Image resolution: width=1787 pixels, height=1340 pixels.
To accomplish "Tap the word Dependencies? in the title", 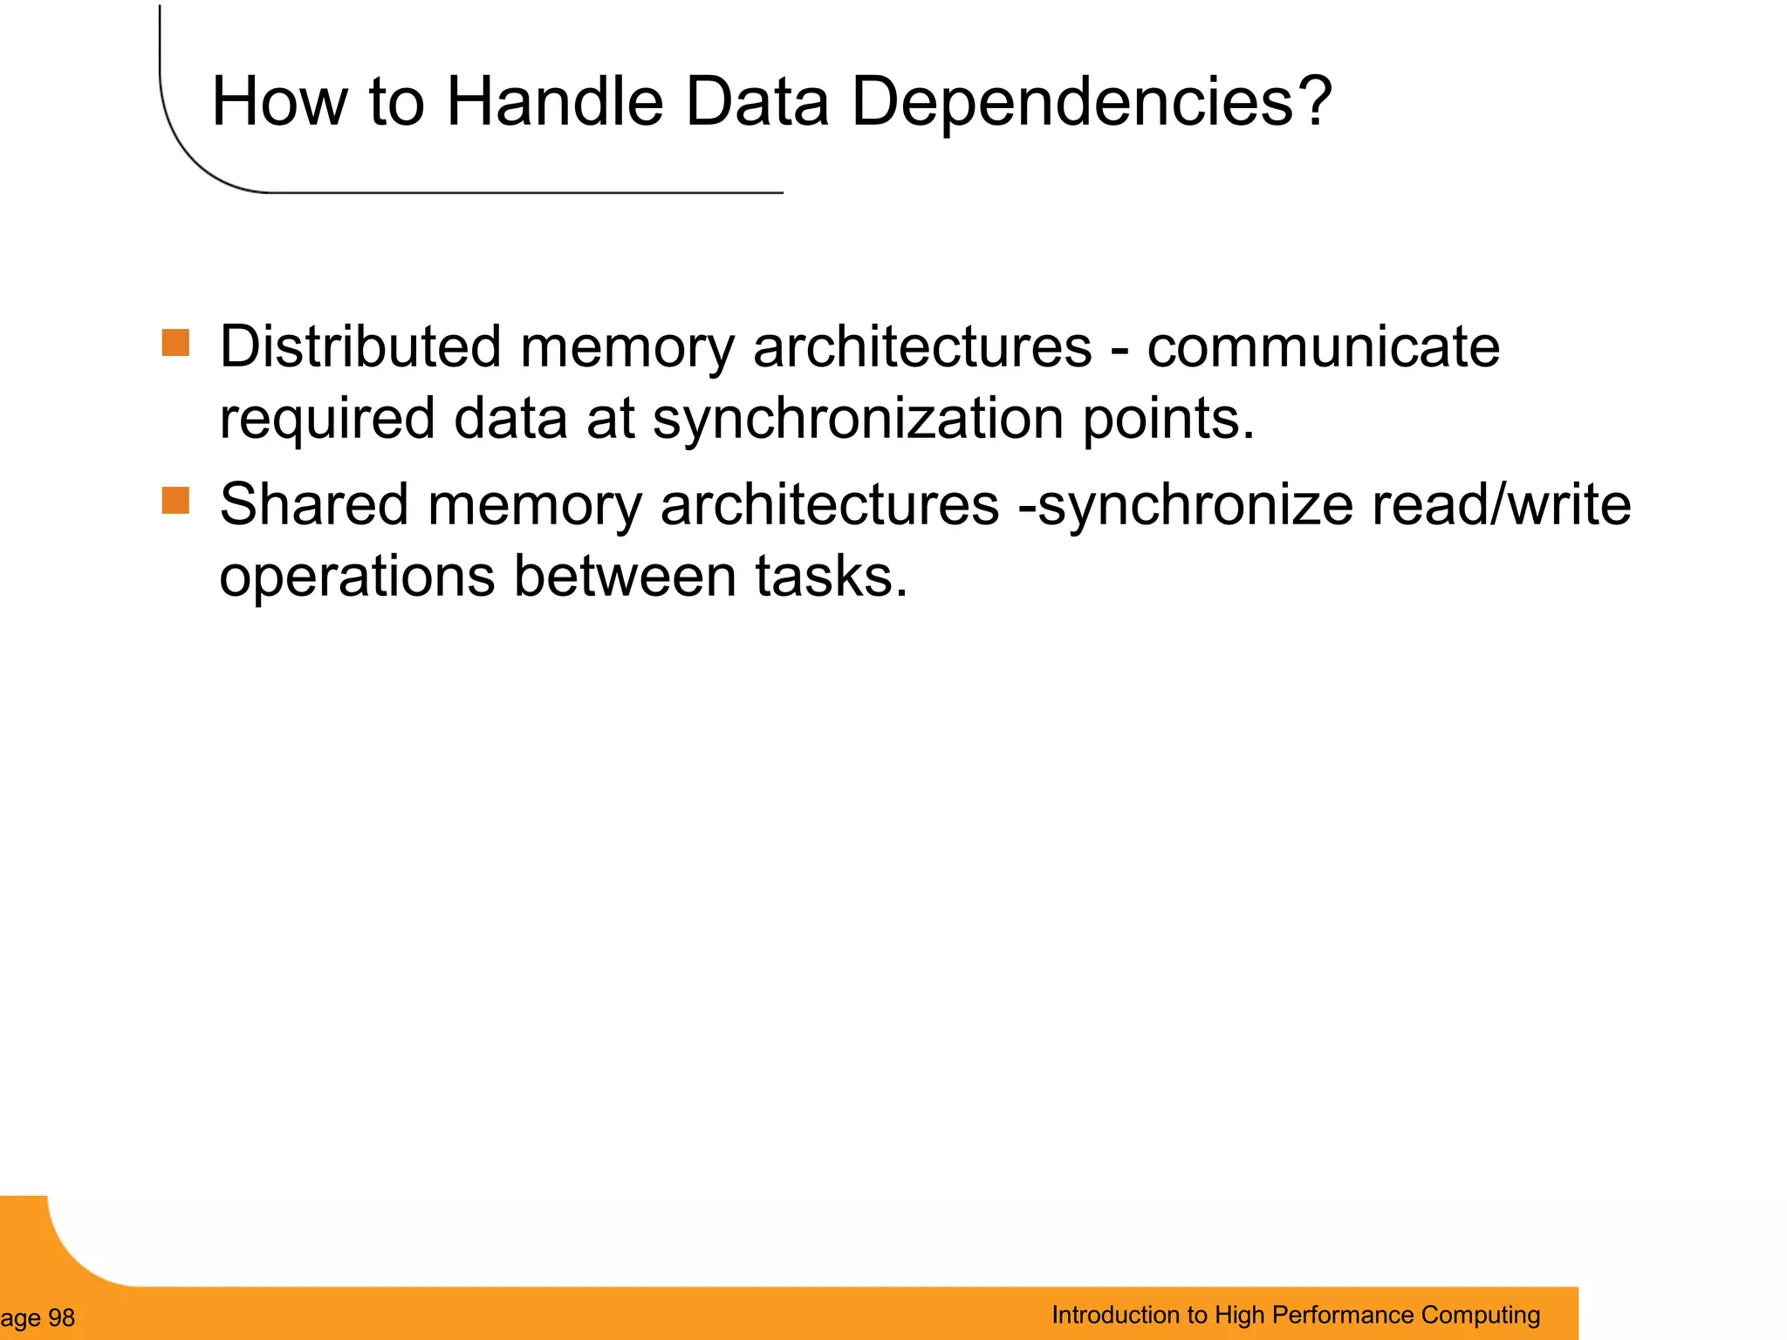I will pyautogui.click(x=1091, y=102).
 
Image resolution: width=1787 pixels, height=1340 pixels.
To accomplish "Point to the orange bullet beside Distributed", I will pyautogui.click(x=175, y=343).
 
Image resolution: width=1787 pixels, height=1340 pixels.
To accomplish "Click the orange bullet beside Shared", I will pyautogui.click(x=175, y=501).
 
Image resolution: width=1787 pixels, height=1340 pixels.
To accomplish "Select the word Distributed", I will pyautogui.click(x=359, y=347).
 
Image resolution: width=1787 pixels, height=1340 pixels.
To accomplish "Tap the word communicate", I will pyautogui.click(x=1323, y=347).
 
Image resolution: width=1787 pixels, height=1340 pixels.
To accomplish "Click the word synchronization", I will pyautogui.click(x=859, y=419).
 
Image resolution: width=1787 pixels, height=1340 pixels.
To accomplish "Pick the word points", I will pyautogui.click(x=1167, y=419).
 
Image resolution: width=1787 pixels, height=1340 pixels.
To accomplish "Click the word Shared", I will pyautogui.click(x=313, y=505).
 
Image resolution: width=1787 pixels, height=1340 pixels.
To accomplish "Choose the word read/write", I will pyautogui.click(x=1501, y=505).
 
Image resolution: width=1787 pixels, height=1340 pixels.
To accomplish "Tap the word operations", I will pyautogui.click(x=357, y=577).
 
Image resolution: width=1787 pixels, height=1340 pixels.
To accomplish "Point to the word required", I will pyautogui.click(x=327, y=419).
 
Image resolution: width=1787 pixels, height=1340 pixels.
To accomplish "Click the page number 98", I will pyautogui.click(x=61, y=1318).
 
